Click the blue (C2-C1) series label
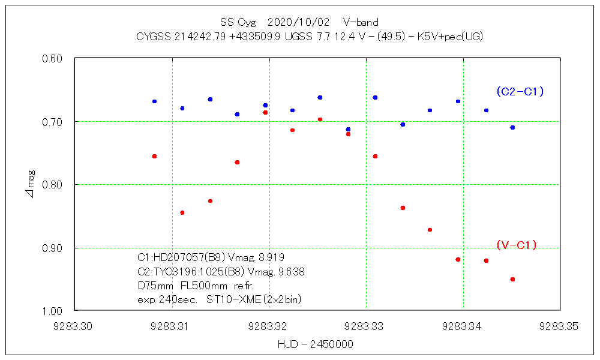point(520,91)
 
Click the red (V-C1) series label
point(516,245)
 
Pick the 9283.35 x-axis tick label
point(560,327)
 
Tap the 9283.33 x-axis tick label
point(366,327)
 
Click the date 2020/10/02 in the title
point(299,23)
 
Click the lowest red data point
point(512,279)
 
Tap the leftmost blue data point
point(154,101)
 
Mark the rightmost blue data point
point(512,127)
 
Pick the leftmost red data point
point(154,156)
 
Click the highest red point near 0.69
point(265,112)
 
